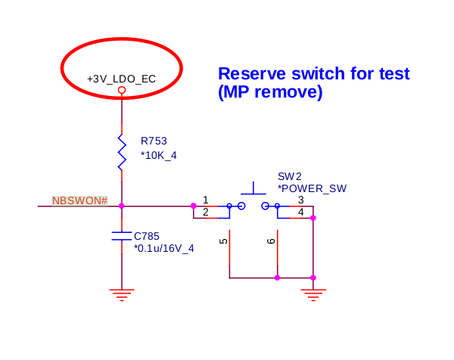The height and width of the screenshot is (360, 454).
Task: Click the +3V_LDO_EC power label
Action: [121, 79]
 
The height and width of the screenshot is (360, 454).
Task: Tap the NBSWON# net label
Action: [79, 200]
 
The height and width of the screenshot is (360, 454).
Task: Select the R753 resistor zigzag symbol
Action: [122, 152]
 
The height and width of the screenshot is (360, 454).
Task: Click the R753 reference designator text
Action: [154, 141]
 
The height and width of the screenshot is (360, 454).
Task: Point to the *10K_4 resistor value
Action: [158, 155]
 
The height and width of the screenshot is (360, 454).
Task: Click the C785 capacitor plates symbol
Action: [122, 236]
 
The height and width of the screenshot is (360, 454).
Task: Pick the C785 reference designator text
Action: [147, 236]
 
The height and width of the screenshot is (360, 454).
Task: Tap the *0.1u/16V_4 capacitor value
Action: [164, 248]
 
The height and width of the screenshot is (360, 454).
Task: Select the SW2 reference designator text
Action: [290, 176]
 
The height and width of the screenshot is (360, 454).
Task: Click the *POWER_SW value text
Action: [312, 188]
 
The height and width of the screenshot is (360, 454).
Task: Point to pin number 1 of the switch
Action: [206, 200]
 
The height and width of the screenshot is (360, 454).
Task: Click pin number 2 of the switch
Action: [206, 212]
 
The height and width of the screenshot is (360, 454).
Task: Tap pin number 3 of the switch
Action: [301, 200]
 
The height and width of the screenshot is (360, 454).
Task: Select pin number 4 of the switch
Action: [301, 212]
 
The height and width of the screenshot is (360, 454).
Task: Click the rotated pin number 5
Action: [223, 241]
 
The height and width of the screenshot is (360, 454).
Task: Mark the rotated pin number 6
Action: [271, 241]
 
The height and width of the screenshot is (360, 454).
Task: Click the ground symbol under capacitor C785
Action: [122, 295]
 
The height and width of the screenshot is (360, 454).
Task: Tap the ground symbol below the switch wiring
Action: [313, 295]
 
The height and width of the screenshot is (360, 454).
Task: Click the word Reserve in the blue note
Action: [252, 73]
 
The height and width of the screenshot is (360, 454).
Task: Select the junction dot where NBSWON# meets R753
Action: [122, 206]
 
